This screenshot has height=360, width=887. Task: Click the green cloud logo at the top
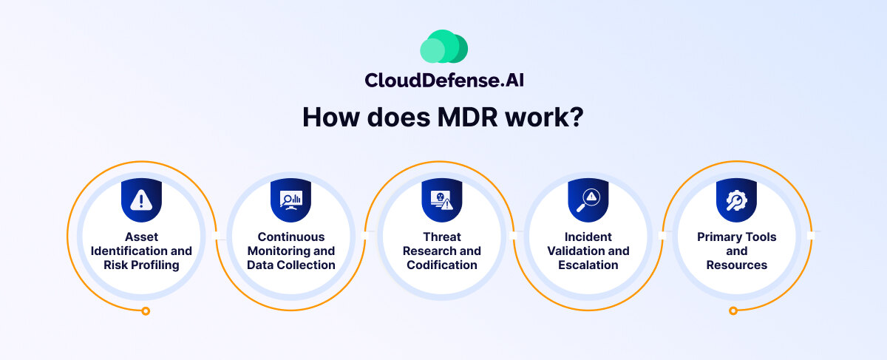[443, 47]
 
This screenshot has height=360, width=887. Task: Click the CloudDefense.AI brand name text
[443, 80]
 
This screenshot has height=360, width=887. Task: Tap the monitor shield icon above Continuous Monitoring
[291, 200]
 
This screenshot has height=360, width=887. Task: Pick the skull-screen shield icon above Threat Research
[442, 200]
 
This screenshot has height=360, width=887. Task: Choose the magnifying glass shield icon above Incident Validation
[588, 200]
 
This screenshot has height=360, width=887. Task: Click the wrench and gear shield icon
[736, 200]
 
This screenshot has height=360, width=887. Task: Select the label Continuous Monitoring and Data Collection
[291, 251]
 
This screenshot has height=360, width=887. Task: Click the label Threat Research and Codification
[442, 251]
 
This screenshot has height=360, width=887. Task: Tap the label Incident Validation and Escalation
[588, 251]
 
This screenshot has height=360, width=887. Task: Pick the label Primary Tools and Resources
[736, 251]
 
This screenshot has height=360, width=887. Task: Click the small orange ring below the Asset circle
[146, 311]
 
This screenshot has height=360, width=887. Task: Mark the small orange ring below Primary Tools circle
[733, 311]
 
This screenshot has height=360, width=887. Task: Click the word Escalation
[588, 265]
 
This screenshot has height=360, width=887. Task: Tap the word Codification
[442, 265]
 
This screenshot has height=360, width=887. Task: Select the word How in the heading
[326, 118]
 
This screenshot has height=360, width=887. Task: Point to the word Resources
[736, 265]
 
